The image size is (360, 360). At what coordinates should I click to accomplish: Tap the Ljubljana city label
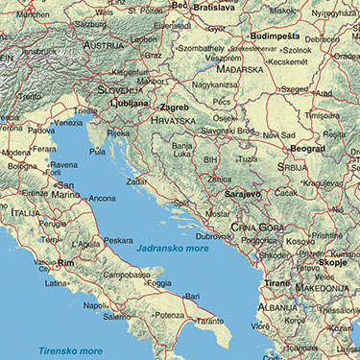[127, 102]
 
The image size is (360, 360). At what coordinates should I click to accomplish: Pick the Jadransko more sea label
[172, 249]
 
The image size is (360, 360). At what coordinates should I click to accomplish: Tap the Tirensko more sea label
[69, 351]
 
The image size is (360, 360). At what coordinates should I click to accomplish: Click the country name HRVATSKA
[174, 121]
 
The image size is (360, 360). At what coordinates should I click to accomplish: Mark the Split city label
[180, 204]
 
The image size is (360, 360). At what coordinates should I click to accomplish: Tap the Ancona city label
[102, 198]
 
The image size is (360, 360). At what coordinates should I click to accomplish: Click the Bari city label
[193, 297]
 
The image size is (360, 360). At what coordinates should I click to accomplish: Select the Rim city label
[65, 262]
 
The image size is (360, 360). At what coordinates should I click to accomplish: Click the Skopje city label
[333, 260]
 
